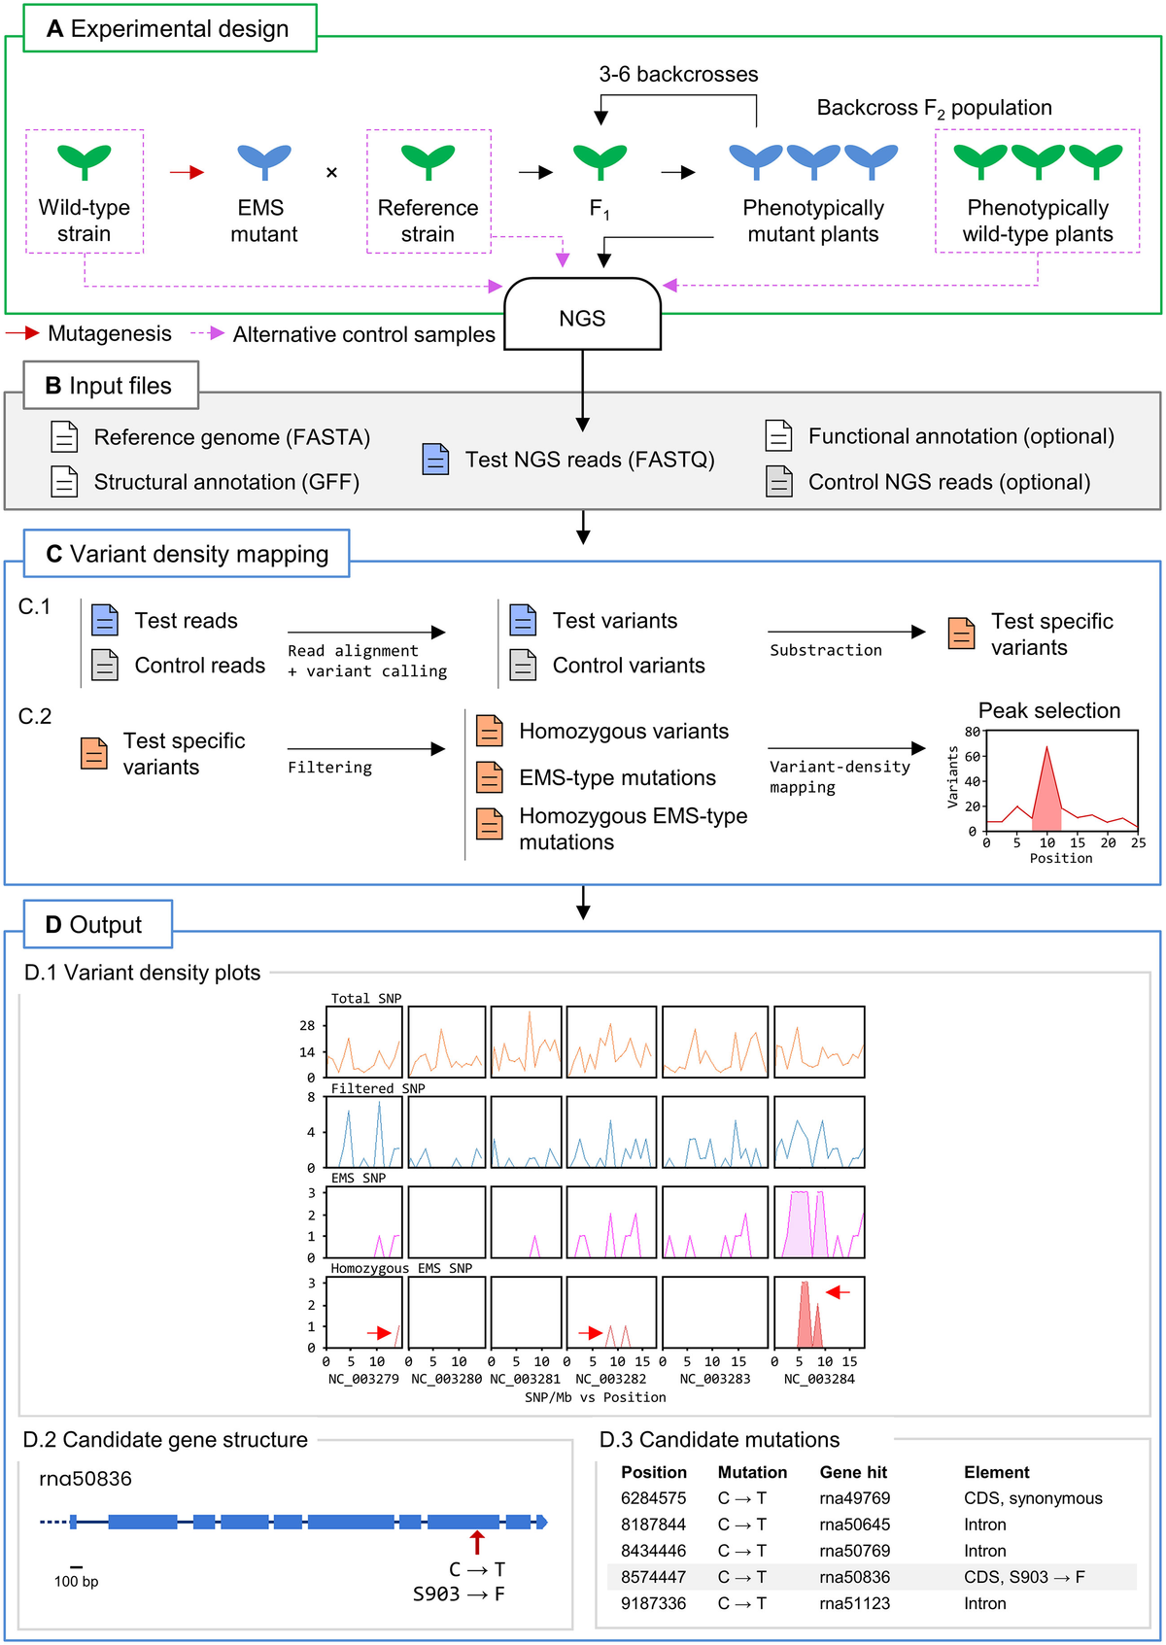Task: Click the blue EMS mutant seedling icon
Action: point(263,160)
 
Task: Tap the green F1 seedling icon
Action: point(600,160)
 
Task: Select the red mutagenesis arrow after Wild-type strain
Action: point(187,172)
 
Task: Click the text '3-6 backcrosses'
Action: point(678,74)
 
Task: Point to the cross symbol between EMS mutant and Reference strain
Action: point(331,173)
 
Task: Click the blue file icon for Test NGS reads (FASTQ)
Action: point(436,459)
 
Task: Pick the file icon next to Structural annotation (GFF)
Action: point(64,481)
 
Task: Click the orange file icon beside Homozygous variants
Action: point(490,731)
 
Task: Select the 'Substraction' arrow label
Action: point(826,650)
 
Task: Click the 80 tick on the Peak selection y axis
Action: point(972,732)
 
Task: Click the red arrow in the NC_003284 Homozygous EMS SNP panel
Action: point(838,1292)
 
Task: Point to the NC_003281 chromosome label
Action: point(525,1379)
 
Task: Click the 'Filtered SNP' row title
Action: point(378,1088)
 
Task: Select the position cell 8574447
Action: point(653,1577)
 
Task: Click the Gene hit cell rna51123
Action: point(854,1603)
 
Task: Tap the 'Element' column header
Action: point(996,1472)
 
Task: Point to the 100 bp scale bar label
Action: point(76,1581)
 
